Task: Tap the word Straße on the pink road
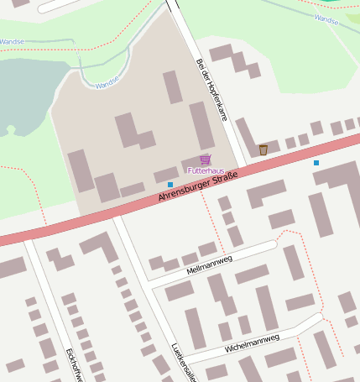click(x=224, y=179)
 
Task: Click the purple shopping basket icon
click(x=205, y=160)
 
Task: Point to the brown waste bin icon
click(x=263, y=149)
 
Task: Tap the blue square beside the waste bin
click(x=316, y=162)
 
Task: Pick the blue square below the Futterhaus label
click(x=170, y=185)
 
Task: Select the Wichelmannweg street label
click(x=252, y=341)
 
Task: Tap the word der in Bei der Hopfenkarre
click(x=204, y=75)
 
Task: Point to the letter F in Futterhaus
click(x=189, y=170)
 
